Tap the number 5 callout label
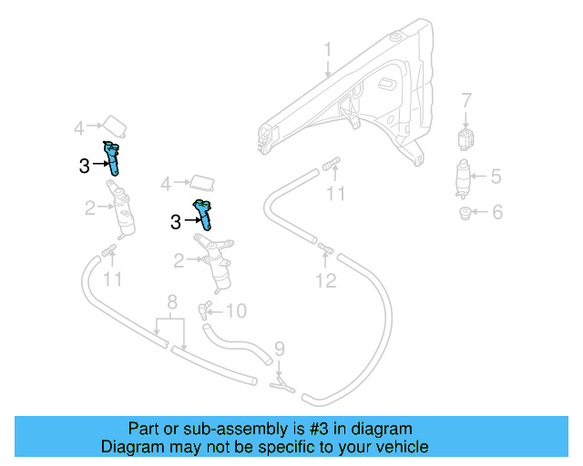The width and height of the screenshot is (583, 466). coord(496,177)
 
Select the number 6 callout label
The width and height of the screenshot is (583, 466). coord(496,213)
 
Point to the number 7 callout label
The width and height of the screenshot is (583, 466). coord(465,100)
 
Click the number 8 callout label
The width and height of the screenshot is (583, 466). coord(171,302)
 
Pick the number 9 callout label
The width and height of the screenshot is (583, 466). coord(280,348)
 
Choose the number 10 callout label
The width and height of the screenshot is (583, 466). coord(235,311)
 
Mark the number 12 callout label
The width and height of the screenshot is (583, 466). coord(326,281)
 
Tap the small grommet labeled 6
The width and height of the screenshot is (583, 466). coord(465,214)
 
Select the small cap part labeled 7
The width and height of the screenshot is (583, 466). coord(465,139)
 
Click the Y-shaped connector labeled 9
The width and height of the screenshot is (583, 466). coord(281,387)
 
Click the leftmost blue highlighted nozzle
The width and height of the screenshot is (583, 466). coord(114,157)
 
